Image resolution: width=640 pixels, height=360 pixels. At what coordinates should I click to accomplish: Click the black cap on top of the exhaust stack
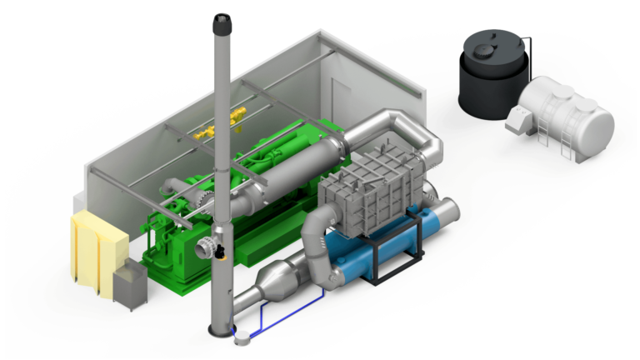[x=222, y=24]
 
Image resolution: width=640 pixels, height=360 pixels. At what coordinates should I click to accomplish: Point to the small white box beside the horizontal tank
[x=517, y=121]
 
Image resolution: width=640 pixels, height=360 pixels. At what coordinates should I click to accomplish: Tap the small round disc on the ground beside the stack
[x=243, y=338]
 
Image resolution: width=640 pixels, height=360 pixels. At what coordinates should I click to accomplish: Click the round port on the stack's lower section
[x=203, y=247]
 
